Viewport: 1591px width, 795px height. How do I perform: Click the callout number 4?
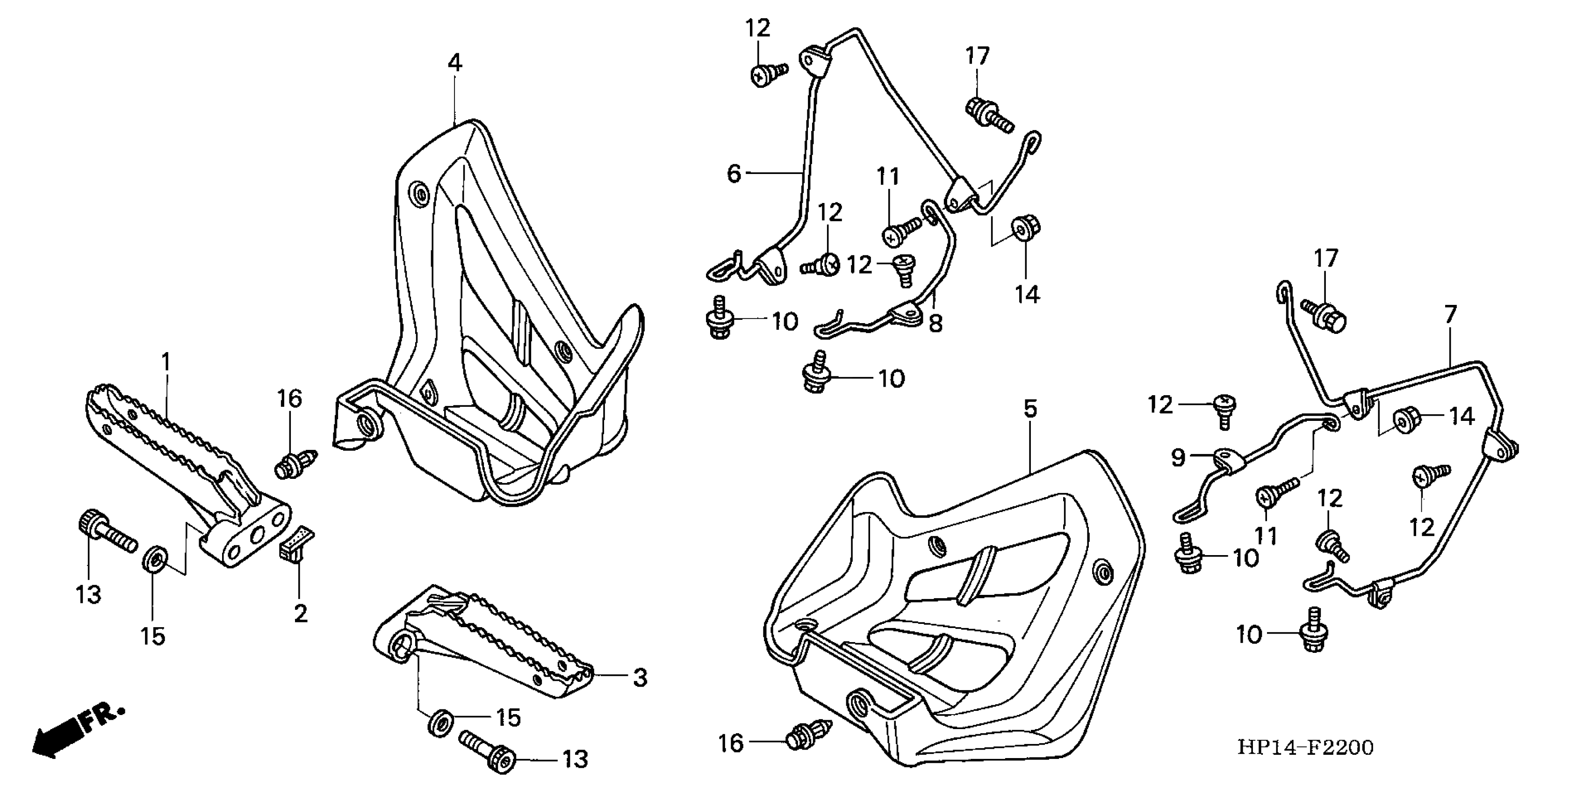click(454, 63)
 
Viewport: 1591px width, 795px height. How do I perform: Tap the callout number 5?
click(1029, 409)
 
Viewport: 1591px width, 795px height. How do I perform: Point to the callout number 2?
click(300, 614)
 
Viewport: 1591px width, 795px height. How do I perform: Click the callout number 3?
click(640, 678)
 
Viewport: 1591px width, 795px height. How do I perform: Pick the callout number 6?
click(734, 173)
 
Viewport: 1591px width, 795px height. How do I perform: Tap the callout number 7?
click(1450, 314)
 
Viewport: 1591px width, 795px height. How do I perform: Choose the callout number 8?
click(936, 323)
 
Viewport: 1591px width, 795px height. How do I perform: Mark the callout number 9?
click(1179, 458)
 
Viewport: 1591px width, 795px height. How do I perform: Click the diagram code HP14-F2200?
click(1305, 747)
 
